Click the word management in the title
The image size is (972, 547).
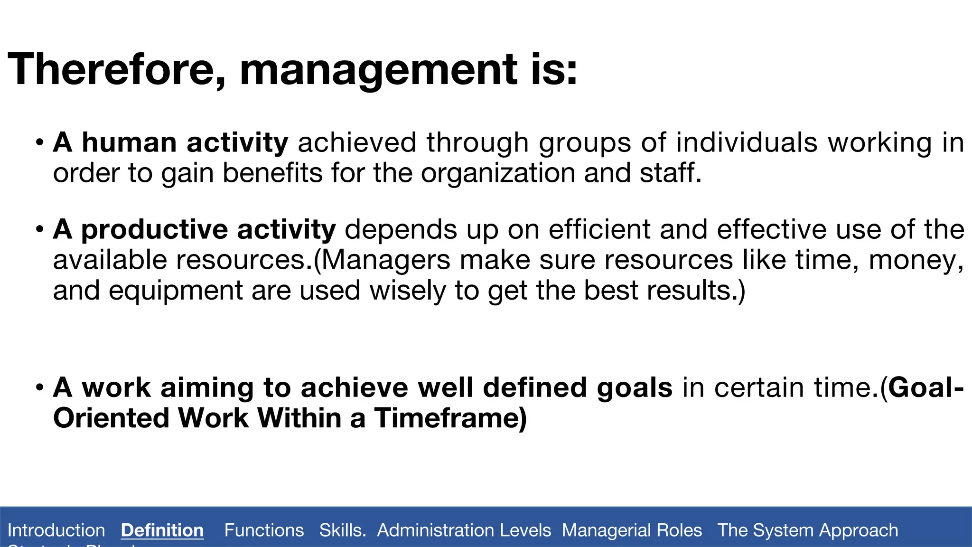pos(379,70)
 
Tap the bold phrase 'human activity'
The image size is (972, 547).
pos(184,142)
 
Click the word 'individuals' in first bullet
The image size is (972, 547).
pos(747,142)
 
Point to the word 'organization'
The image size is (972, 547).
pos(498,173)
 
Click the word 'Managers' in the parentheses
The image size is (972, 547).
pos(385,260)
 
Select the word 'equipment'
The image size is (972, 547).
pos(176,291)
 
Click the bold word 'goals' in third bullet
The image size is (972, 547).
pos(635,388)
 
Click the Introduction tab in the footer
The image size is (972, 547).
pos(56,530)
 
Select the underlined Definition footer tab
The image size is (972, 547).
pos(162,530)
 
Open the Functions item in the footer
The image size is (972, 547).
pos(264,530)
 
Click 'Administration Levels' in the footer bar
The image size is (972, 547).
pos(464,530)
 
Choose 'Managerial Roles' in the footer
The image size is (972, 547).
pos(632,530)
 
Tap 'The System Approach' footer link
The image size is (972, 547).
pos(807,530)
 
